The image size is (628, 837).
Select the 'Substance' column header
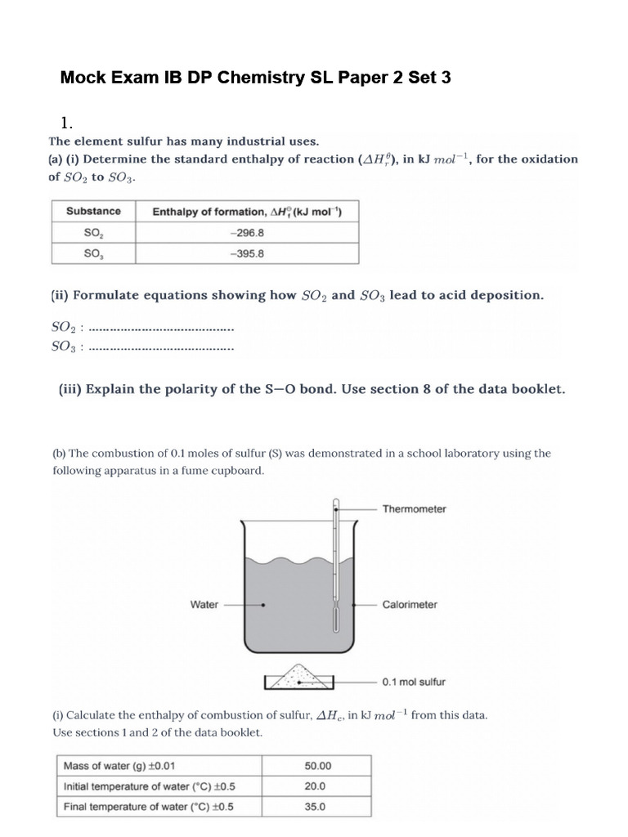[x=93, y=211]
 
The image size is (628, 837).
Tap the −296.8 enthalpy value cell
[x=247, y=232]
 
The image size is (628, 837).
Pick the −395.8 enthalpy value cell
[x=247, y=253]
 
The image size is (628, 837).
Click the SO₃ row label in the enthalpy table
[x=93, y=253]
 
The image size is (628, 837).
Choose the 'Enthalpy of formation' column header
[x=247, y=212]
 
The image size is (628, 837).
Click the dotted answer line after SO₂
[x=160, y=329]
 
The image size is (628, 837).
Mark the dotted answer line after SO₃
[x=160, y=348]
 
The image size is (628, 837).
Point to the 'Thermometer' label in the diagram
[x=414, y=508]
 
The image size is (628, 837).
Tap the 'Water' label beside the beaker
[x=204, y=605]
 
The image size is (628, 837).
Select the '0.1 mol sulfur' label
[x=414, y=681]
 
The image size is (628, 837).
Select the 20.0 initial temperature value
[x=315, y=786]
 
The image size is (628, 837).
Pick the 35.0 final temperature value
[x=315, y=807]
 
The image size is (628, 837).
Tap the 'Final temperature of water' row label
[x=149, y=807]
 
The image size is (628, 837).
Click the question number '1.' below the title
[x=68, y=124]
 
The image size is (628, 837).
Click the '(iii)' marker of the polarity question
[x=70, y=390]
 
